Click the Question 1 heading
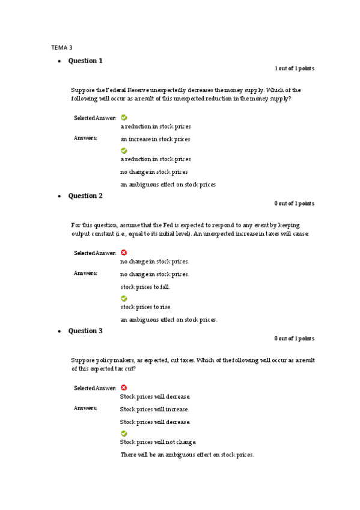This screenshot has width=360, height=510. [x=85, y=61]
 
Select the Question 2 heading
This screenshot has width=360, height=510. [x=85, y=196]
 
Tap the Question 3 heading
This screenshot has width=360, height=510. [x=85, y=331]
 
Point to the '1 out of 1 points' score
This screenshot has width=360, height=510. [x=294, y=69]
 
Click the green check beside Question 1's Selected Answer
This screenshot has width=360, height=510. [x=124, y=118]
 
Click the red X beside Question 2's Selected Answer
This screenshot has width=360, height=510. [x=124, y=253]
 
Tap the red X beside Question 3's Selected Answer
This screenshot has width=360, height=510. [x=124, y=388]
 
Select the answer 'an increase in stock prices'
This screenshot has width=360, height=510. [x=155, y=139]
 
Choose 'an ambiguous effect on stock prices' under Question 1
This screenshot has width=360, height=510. [x=168, y=185]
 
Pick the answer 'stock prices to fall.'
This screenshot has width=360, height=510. [x=145, y=287]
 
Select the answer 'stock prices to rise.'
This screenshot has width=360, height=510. [x=145, y=307]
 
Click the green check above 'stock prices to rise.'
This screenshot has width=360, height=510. [x=124, y=298]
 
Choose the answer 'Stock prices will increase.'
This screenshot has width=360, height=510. [x=154, y=409]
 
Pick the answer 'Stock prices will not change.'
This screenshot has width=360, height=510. [x=158, y=442]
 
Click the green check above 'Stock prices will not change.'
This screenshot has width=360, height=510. [x=124, y=433]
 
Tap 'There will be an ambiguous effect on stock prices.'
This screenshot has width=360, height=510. [x=186, y=455]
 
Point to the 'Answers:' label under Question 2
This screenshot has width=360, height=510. [x=85, y=273]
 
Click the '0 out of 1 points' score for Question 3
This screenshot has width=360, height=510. [x=294, y=339]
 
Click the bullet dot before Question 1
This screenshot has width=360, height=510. [x=59, y=62]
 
